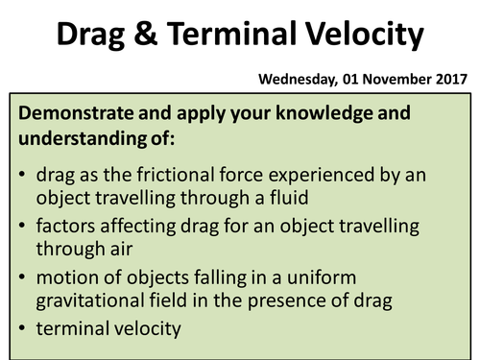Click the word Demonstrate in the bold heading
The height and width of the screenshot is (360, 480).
click(x=73, y=113)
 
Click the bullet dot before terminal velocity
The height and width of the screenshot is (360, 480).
click(x=23, y=326)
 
